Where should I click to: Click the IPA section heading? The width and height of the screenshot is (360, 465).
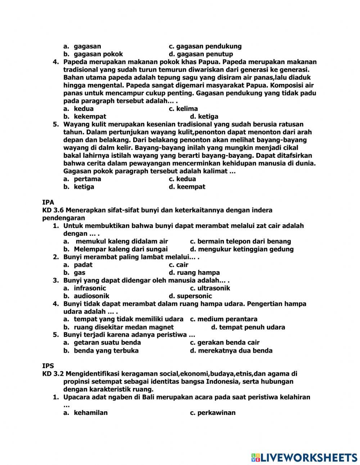coord(48,202)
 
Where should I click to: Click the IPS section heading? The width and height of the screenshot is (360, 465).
coord(48,366)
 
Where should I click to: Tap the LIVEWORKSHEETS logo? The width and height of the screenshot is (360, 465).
coord(304,457)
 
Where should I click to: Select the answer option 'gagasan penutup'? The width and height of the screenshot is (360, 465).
coord(204,54)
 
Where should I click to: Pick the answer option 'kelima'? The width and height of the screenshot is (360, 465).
coord(187,109)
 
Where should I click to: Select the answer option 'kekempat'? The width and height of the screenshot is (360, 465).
coord(90,117)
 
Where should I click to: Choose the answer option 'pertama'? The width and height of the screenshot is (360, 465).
coord(87,179)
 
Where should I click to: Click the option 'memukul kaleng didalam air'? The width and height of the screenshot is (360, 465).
coord(122,241)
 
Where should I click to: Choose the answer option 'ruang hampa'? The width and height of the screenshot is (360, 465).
coord(198,273)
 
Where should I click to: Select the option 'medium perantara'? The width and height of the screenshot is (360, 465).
coord(227,319)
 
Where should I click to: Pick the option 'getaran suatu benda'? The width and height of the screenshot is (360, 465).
coord(107,343)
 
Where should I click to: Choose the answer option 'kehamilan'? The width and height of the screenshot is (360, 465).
coord(91,413)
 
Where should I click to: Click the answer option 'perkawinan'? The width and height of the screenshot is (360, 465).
coord(216,413)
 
